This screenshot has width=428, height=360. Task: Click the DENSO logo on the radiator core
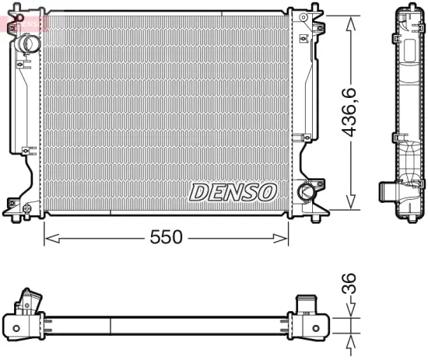[x=233, y=191]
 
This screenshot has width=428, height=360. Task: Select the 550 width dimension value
[x=166, y=237]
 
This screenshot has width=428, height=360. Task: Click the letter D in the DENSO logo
[x=198, y=191]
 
